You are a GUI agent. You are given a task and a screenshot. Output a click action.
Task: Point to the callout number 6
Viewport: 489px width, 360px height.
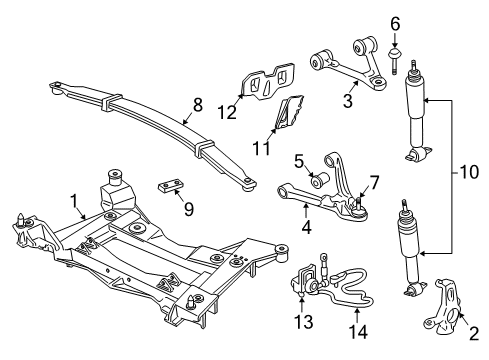click(394, 22)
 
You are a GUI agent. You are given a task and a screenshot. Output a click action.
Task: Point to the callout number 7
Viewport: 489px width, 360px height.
click(375, 181)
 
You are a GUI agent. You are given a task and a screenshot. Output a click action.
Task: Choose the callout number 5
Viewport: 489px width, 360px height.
click(298, 159)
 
